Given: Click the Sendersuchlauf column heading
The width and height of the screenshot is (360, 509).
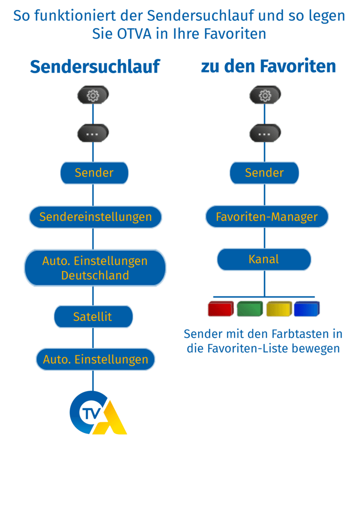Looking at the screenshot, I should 95,67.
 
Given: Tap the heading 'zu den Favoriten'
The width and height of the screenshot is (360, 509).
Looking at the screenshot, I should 268,66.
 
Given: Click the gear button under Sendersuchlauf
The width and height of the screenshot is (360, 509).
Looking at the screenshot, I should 93,96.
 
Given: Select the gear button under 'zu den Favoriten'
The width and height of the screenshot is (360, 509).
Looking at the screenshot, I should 265,96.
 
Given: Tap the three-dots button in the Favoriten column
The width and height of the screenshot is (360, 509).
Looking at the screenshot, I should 265,134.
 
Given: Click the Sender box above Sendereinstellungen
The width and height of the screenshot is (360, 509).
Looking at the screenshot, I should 94,173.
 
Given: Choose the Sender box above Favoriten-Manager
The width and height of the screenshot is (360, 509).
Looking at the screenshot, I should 264,173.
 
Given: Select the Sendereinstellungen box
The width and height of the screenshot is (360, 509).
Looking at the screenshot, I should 95,217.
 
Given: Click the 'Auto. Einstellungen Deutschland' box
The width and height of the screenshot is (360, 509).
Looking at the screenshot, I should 95,268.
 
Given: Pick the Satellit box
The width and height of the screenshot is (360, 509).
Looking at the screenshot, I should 93,317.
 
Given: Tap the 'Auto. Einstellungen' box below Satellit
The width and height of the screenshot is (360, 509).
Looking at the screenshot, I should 95,360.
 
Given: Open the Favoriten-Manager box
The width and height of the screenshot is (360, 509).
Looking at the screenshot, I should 267,217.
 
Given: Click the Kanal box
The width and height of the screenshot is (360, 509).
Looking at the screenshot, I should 264,259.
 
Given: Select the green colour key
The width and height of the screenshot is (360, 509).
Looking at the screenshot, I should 250,309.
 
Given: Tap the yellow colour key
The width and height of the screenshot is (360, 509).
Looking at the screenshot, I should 278,309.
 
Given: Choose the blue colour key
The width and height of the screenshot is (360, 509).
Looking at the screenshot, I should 307,309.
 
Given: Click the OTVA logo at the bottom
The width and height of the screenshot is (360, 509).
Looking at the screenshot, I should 98,413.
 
